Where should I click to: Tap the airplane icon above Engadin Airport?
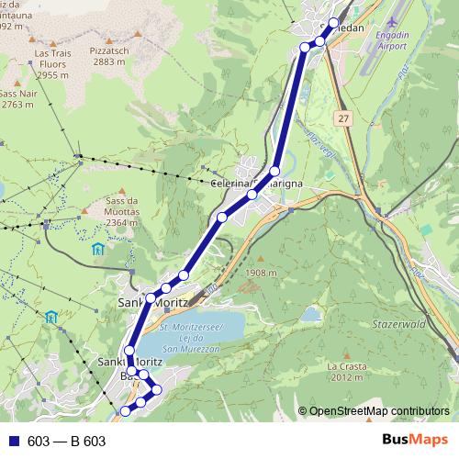(395, 21)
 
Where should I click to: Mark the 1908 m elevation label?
(262, 273)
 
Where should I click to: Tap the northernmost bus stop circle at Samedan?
(333, 24)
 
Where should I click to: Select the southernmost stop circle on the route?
(126, 409)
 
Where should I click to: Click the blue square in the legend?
(15, 441)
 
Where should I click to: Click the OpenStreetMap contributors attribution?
(379, 410)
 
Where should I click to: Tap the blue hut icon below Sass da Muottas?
(98, 249)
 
